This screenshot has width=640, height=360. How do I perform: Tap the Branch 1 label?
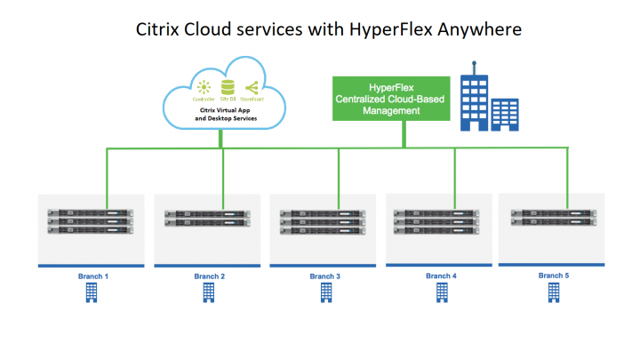coord(93,276)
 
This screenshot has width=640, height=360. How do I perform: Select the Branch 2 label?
coord(210,276)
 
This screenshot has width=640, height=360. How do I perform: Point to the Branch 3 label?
coord(324,276)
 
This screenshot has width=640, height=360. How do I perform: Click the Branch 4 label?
coord(441,276)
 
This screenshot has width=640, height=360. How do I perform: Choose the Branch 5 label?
coord(553,276)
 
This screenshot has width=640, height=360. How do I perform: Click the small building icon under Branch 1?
coord(92,293)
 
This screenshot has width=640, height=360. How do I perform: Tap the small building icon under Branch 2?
coord(209,292)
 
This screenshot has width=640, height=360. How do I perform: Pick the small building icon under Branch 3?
coord(324,292)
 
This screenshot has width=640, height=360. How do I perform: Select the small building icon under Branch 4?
coord(441,292)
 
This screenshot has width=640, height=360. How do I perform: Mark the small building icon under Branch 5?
coord(553,292)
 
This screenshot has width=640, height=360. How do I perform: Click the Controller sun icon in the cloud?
coord(205,87)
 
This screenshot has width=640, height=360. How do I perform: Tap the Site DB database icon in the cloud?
coord(228,87)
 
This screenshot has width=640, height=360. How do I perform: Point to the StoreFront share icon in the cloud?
coord(251,87)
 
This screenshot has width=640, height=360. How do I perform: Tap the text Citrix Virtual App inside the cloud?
coord(226,109)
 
